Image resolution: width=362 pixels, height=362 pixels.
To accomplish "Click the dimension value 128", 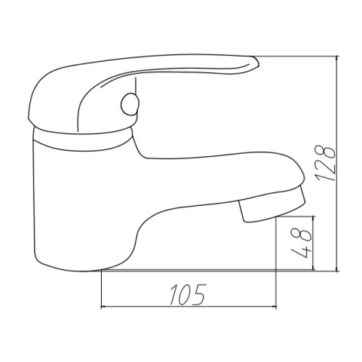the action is click(326, 163).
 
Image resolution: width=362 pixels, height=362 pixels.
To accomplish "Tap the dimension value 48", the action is click(301, 243).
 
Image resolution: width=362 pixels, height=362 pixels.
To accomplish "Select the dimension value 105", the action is click(188, 294).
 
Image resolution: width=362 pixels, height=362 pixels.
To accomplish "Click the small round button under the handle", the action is click(130, 104).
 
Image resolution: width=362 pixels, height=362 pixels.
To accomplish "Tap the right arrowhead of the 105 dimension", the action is click(275, 307).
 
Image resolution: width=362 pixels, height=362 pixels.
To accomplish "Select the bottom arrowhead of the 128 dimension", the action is click(337, 268).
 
